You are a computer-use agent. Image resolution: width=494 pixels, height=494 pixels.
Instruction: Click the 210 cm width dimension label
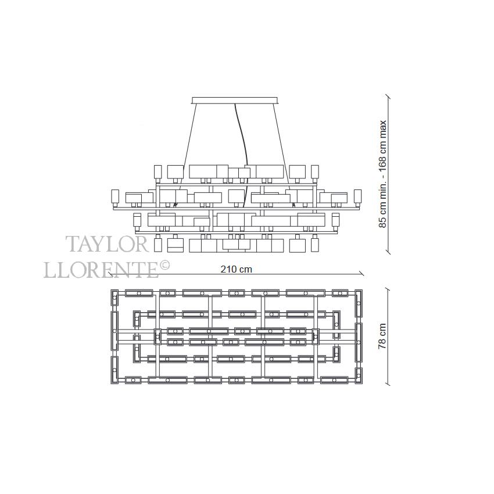[x=237, y=269]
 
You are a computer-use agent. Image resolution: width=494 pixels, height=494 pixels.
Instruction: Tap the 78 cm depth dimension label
[x=382, y=336]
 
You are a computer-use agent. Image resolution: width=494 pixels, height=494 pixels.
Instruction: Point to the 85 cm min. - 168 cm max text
[x=382, y=174]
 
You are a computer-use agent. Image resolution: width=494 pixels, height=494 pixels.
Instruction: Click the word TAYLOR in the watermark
[x=107, y=244]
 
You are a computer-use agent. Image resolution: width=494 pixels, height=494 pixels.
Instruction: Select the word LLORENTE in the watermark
[x=101, y=270]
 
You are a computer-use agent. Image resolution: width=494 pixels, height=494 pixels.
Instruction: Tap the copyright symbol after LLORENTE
[x=164, y=265]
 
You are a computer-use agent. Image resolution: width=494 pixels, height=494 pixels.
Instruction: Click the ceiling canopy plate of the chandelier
[x=235, y=100]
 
